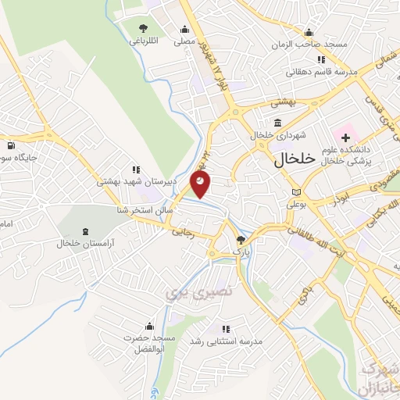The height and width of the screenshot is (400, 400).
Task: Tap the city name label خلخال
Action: [x=295, y=159]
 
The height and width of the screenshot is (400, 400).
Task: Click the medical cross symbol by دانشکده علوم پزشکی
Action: [x=345, y=137]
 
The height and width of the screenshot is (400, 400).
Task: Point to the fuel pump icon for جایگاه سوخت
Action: [x=9, y=145]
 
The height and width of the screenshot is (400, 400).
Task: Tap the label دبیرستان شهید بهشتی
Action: [x=137, y=180]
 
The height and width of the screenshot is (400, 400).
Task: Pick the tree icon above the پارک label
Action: [x=241, y=240]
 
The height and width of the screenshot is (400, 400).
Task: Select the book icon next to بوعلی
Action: [x=295, y=192]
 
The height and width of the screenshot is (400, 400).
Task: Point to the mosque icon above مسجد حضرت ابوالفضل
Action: [x=148, y=327]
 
